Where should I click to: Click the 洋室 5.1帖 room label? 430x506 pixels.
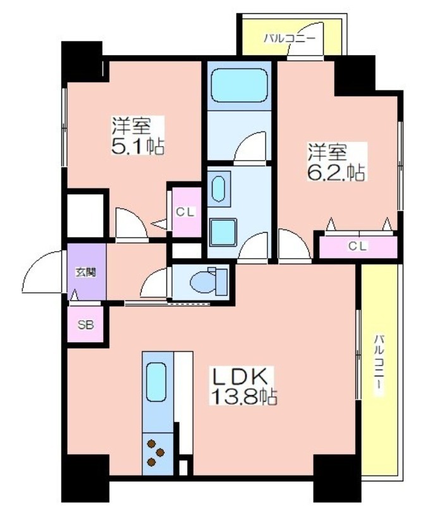[138, 135]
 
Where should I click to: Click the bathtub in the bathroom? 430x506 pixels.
[239, 85]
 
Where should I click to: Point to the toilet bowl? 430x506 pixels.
[209, 281]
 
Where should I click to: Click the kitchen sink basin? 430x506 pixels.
[156, 382]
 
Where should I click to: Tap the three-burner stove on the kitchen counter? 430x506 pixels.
[156, 452]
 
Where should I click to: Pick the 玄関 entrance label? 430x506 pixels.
[86, 272]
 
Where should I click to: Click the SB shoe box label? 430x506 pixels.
[85, 324]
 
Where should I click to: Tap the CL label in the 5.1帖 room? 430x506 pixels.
[185, 212]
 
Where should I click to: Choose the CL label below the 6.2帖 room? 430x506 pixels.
[357, 246]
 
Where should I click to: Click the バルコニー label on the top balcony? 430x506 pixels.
[289, 39]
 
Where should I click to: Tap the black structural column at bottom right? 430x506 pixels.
[337, 479]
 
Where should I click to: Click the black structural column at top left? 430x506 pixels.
[82, 61]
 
